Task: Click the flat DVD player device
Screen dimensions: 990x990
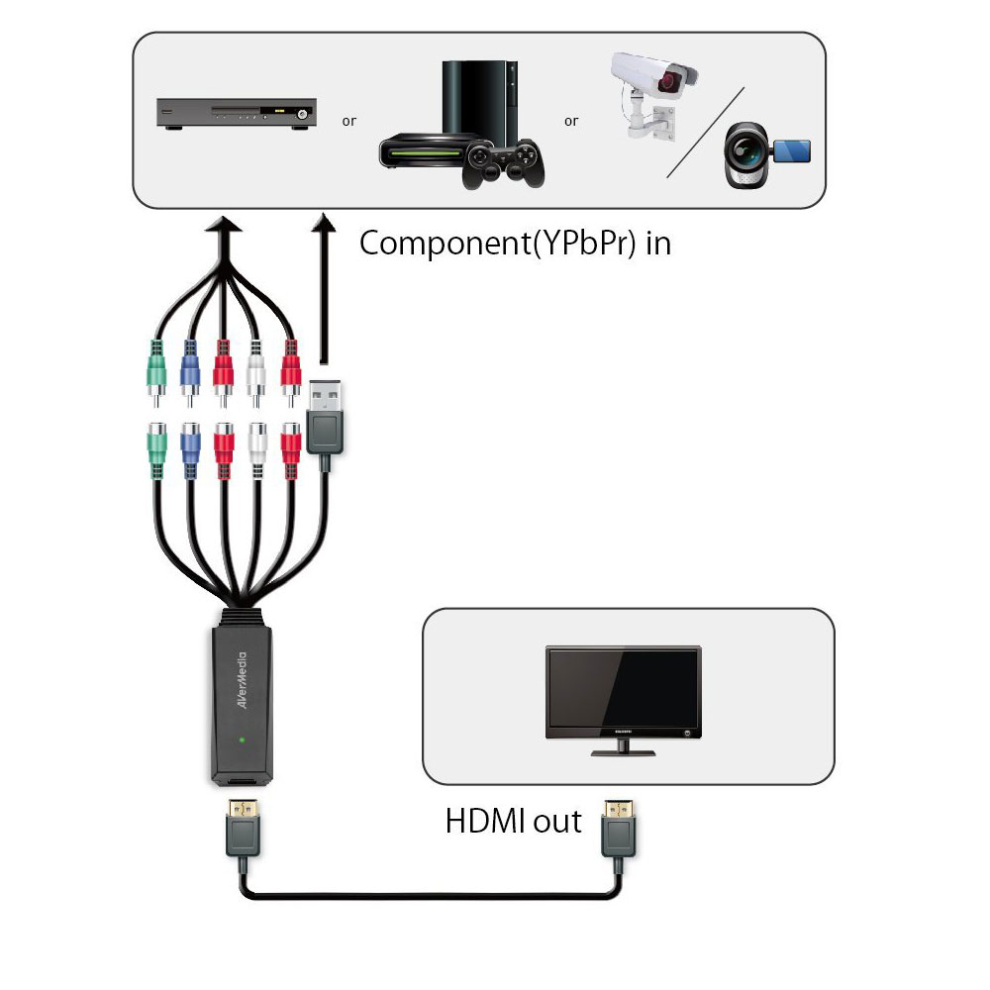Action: click(237, 114)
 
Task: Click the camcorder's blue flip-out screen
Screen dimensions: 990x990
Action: click(791, 150)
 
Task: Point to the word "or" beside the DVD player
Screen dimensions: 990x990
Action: click(349, 121)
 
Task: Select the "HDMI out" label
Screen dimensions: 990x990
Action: click(513, 821)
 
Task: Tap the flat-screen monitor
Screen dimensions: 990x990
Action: click(623, 700)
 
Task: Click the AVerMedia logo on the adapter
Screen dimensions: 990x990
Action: click(243, 680)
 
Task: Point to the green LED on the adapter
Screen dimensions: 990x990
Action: click(243, 740)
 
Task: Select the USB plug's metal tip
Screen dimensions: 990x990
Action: click(325, 395)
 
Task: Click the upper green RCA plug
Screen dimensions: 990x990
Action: click(156, 372)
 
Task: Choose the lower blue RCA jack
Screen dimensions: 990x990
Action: click(190, 449)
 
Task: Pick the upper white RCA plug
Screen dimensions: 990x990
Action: click(255, 372)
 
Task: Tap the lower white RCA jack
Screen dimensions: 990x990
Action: click(257, 449)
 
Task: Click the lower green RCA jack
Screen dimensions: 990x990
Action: click(156, 449)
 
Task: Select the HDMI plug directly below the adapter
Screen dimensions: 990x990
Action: click(244, 827)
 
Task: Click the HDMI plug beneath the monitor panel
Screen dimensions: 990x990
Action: click(618, 827)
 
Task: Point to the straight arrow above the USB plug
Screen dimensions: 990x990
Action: click(324, 288)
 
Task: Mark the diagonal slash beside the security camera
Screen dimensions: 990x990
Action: click(706, 133)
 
